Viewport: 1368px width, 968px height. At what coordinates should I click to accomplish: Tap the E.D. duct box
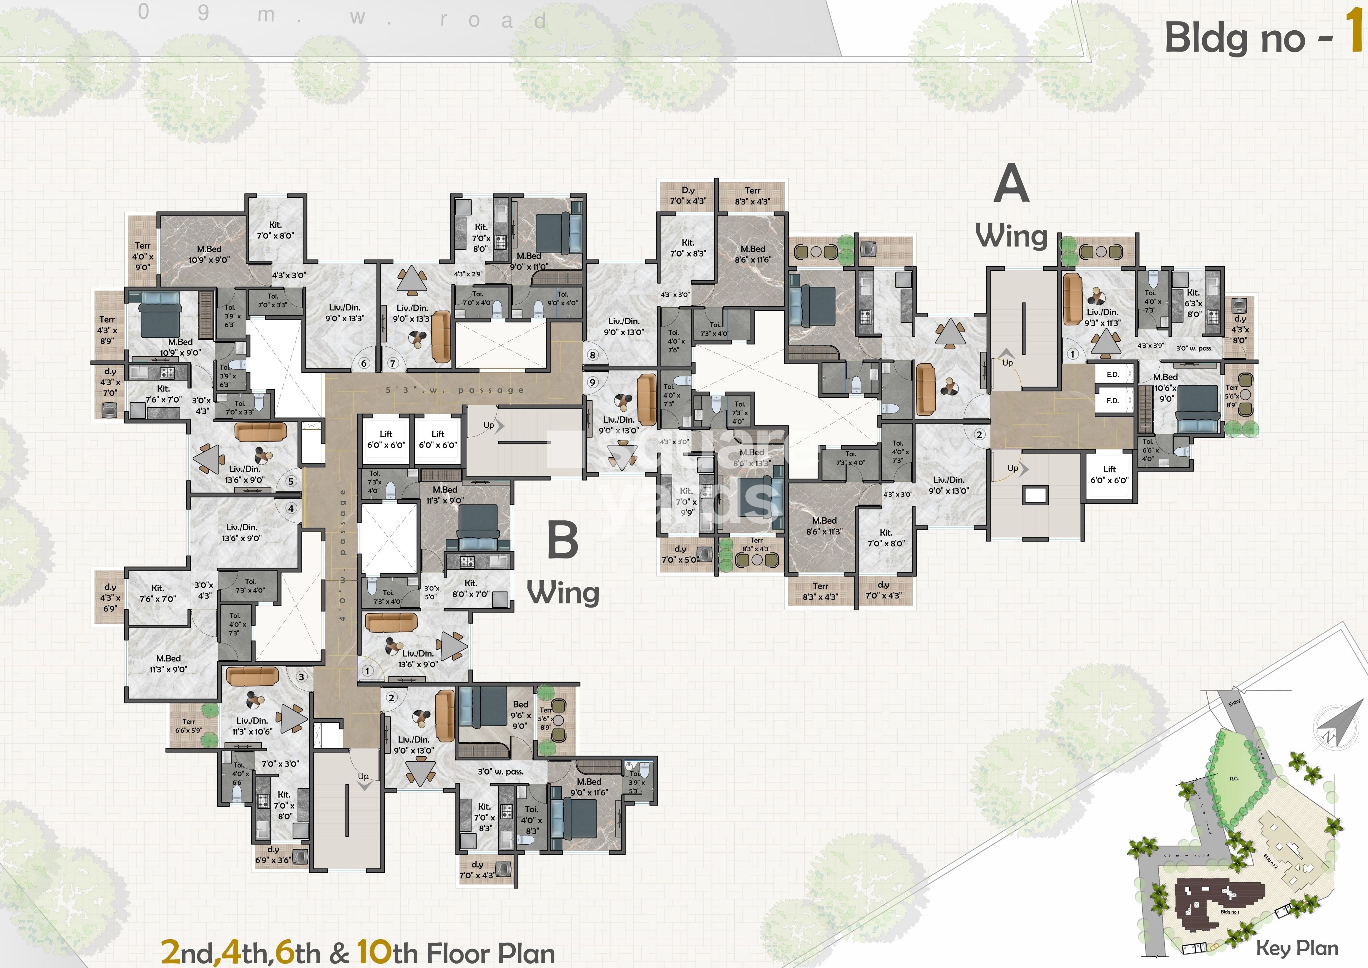(1112, 374)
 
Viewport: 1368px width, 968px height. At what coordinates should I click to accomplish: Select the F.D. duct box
(1112, 401)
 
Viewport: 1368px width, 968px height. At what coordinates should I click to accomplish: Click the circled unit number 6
(363, 363)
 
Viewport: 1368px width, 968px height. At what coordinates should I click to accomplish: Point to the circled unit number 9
(592, 382)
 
